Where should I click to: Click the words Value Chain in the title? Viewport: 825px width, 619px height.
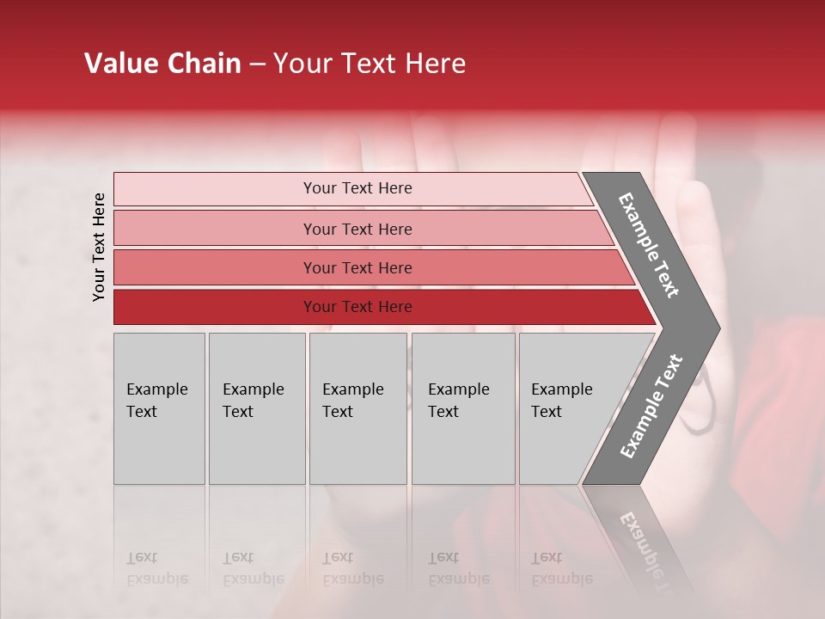pos(162,64)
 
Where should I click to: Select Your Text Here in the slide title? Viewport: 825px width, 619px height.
pos(370,64)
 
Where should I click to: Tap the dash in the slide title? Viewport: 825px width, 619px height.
pos(257,64)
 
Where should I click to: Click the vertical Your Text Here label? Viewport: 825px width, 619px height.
pos(99,247)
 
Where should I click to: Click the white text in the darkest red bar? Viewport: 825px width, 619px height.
pos(357,307)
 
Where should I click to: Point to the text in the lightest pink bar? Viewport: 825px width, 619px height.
pos(357,188)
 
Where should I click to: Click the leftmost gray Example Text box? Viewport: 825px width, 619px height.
pos(159,408)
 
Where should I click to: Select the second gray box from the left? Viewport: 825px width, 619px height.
pos(256,408)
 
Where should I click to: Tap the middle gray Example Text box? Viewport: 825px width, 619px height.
pos(357,408)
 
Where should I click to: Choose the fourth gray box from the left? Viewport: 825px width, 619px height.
pos(462,408)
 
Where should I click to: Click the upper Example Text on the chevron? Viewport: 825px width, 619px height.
pos(649,245)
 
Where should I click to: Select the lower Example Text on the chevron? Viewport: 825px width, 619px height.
pos(651,406)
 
